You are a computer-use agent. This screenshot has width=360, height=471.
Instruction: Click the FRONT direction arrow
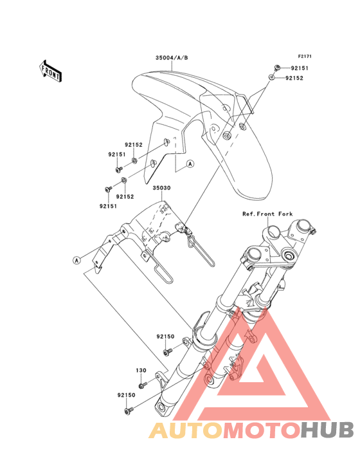coord(51,71)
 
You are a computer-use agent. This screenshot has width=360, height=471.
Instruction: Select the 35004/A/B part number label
coord(172,58)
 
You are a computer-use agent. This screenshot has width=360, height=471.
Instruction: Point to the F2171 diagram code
coord(305,56)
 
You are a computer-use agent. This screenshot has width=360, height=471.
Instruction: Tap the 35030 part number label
coord(162,188)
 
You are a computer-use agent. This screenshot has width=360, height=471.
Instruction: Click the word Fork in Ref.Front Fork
coord(285,214)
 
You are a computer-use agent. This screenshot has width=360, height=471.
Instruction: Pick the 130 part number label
coord(141,371)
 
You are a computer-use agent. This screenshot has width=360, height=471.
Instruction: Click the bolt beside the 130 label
coord(143,385)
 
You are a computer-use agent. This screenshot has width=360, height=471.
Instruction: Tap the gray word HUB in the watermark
coord(328,430)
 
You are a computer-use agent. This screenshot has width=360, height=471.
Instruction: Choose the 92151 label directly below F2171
coord(300,68)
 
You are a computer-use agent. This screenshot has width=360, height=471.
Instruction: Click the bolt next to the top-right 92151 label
coord(277,68)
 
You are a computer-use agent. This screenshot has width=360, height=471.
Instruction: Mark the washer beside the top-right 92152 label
coord(271,77)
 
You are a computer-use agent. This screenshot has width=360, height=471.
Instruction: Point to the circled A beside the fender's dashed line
coord(190,163)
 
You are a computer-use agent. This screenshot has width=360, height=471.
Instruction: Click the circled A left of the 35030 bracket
coord(77,260)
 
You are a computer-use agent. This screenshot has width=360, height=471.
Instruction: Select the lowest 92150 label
coord(126,395)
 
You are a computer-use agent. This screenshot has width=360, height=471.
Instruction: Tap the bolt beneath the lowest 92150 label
coord(129,410)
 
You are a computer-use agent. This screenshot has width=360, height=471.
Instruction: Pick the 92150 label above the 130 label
coord(165,337)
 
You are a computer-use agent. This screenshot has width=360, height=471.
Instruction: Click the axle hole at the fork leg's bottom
coord(162,407)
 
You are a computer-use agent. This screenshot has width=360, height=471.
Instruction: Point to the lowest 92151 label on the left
coord(108,206)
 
